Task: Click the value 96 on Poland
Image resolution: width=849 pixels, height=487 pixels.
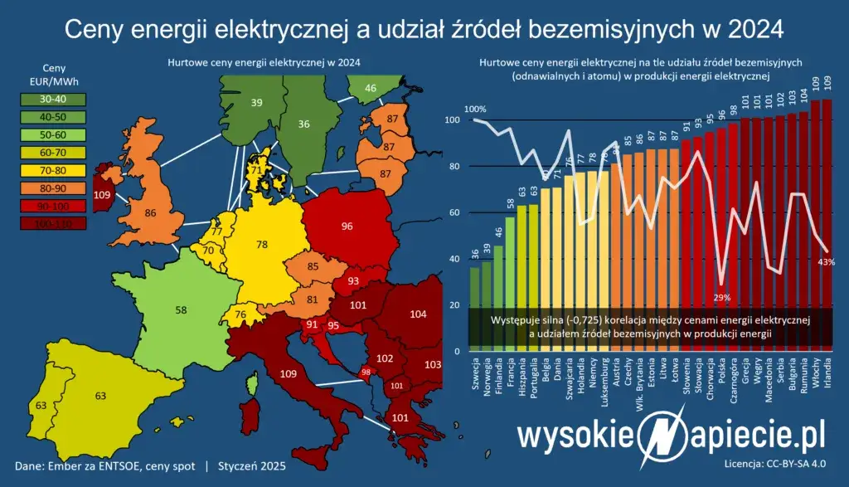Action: pos(347,225)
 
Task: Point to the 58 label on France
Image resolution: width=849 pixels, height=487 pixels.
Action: pos(182,309)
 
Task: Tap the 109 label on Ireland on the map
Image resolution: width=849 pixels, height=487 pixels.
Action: pos(103,195)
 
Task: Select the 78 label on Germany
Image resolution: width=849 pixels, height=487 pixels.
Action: pos(263,245)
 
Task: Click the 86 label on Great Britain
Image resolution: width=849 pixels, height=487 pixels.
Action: pos(151,213)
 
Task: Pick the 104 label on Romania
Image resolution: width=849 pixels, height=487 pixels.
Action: pos(419,314)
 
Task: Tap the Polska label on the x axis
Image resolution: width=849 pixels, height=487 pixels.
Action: pos(722,379)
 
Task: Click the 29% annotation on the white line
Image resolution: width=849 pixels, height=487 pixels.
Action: pos(721,298)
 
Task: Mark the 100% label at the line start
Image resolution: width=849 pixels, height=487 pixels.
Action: pos(475,109)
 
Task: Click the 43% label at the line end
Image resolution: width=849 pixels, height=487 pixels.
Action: pos(826,261)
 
